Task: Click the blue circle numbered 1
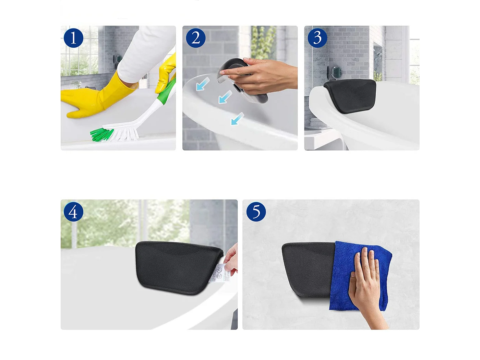click(x=73, y=38)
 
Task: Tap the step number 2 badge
click(x=195, y=38)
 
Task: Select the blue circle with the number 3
click(x=317, y=38)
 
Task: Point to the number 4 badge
click(x=73, y=212)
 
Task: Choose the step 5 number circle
click(x=256, y=212)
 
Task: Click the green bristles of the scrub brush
click(x=101, y=134)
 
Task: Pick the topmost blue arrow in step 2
click(x=203, y=84)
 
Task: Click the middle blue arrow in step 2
click(x=225, y=97)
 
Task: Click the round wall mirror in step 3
click(x=336, y=72)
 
